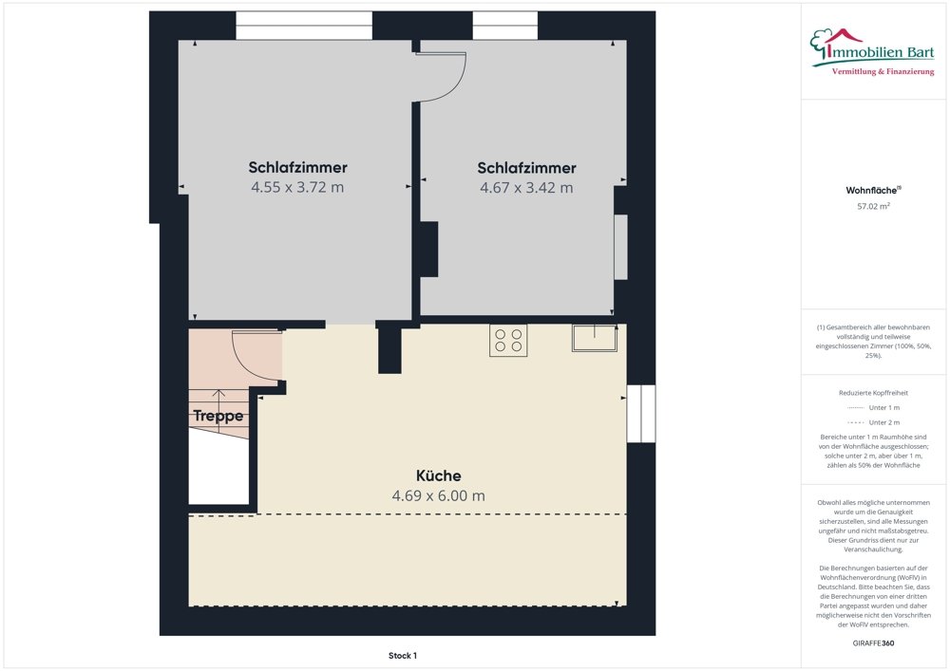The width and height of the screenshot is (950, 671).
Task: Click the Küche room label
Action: [438, 475]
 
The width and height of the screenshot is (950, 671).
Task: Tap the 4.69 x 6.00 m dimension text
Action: [438, 495]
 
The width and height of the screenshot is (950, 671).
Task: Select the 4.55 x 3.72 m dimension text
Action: [297, 187]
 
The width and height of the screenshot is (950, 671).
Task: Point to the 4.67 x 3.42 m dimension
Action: [526, 187]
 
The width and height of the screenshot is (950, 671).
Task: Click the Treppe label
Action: [218, 416]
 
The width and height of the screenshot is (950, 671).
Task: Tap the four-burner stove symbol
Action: [508, 340]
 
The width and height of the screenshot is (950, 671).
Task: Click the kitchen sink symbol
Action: [594, 337]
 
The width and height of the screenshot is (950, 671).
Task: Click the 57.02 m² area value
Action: [873, 205]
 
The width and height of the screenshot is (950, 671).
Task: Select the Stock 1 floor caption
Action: [403, 655]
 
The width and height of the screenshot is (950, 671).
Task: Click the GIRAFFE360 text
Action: [873, 643]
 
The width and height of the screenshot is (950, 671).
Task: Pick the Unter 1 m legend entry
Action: [873, 407]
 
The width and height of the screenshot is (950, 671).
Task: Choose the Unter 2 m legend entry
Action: [873, 422]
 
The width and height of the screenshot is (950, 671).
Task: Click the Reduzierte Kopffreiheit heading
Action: [873, 392]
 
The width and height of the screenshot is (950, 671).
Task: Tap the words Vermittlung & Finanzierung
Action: [883, 72]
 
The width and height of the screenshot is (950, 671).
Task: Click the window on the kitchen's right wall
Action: [641, 413]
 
